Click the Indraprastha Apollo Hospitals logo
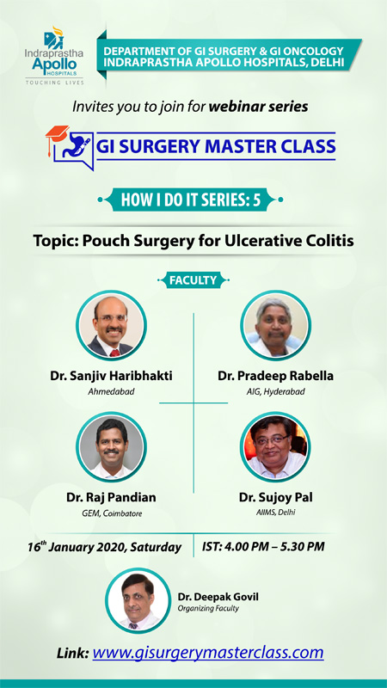[x=54, y=56]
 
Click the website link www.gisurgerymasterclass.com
[x=208, y=653]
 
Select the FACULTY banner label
[x=193, y=280]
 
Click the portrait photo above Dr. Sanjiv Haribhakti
[x=111, y=325]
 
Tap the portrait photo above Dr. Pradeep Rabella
[x=275, y=325]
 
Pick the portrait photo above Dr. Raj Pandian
[x=111, y=447]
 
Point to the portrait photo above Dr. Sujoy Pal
[x=275, y=447]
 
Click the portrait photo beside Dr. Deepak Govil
[x=138, y=599]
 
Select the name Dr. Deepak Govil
[x=212, y=597]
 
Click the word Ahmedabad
[x=111, y=391]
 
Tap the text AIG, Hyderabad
[x=275, y=391]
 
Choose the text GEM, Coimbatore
[x=111, y=513]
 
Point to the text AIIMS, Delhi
[x=275, y=512]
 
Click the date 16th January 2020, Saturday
[x=104, y=547]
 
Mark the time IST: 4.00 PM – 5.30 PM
[x=263, y=547]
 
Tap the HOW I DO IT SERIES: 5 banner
[x=191, y=200]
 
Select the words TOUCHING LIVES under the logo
[x=54, y=82]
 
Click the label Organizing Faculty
[x=208, y=609]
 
